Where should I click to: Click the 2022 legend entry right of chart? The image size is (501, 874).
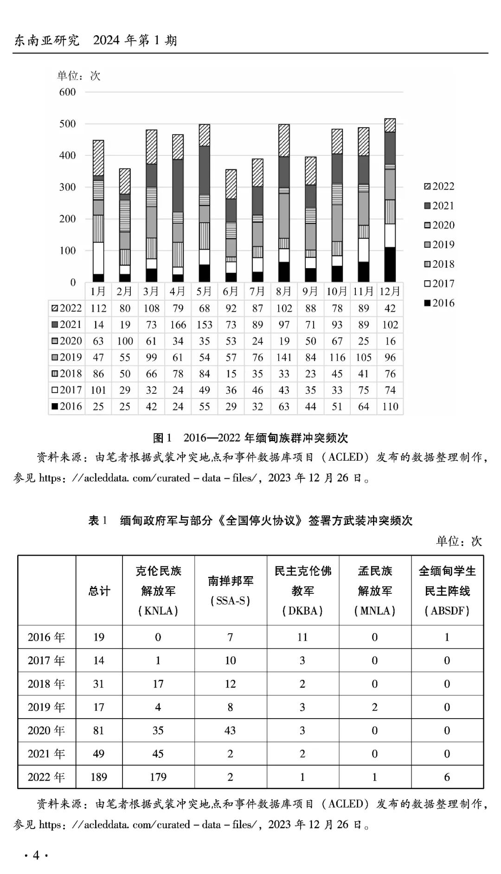click(x=439, y=186)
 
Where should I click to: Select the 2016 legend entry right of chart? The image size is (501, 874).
click(x=439, y=303)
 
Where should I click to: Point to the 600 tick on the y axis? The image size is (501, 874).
click(x=68, y=92)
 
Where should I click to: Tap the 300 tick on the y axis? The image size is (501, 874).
click(x=68, y=187)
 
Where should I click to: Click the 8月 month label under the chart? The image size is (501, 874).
click(x=284, y=291)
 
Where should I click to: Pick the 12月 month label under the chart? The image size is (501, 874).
click(x=390, y=291)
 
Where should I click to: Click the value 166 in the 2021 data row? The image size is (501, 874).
click(x=178, y=325)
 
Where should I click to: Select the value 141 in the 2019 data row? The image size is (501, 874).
click(x=284, y=357)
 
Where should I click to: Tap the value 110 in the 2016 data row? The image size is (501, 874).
click(x=390, y=406)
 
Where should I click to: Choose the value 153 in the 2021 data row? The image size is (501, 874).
click(x=205, y=325)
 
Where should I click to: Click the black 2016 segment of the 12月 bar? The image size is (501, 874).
click(x=390, y=264)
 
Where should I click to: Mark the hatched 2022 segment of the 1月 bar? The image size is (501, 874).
click(x=98, y=158)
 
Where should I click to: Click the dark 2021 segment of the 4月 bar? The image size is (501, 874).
click(x=178, y=186)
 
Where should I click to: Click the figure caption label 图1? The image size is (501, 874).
click(x=162, y=437)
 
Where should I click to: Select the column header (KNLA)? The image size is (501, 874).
click(x=158, y=611)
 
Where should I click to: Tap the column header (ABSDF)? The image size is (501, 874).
click(x=447, y=611)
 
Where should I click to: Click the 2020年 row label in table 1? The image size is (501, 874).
click(x=46, y=730)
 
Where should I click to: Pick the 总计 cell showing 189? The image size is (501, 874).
click(x=99, y=777)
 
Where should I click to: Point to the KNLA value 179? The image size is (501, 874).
click(x=158, y=777)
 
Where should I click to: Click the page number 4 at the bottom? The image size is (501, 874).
click(x=36, y=855)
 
